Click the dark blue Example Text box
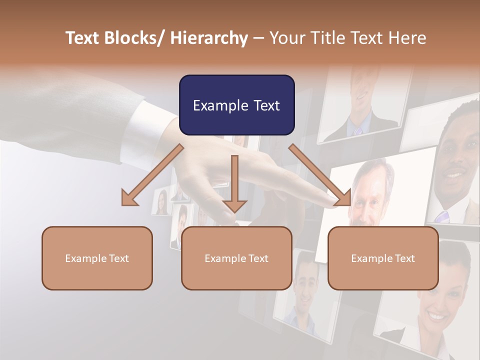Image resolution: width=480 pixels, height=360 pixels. tap(236, 105)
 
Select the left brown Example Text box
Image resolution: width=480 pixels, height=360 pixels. tap(97, 258)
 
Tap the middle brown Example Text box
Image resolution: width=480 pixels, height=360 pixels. tap(236, 258)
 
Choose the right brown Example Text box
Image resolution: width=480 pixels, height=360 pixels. tap(383, 258)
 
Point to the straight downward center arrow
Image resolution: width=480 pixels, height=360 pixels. tap(234, 185)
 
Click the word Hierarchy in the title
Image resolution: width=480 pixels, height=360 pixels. tap(208, 38)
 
